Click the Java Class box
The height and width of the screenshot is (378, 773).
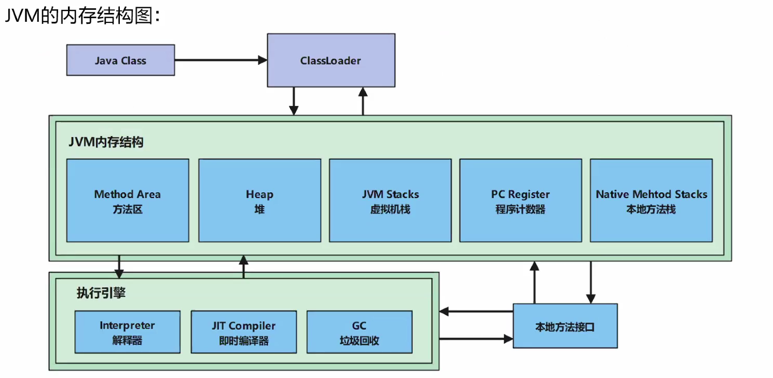[120, 60]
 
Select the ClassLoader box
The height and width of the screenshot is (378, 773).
[330, 60]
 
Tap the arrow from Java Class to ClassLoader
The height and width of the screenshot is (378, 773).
[220, 60]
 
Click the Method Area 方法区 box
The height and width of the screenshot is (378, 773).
[128, 200]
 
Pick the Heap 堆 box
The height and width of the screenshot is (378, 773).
[259, 200]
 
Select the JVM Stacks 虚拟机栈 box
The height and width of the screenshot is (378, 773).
[390, 200]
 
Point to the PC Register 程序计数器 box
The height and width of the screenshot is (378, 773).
[520, 200]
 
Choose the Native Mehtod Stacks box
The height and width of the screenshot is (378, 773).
[651, 200]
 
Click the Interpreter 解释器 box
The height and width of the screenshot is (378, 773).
[127, 332]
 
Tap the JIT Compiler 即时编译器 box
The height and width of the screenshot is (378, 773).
[243, 332]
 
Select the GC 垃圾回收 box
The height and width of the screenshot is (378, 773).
[359, 332]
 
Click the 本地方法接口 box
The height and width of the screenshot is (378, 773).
[565, 326]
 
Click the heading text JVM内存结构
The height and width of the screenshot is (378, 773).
[106, 142]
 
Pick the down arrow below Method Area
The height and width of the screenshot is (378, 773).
[119, 266]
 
